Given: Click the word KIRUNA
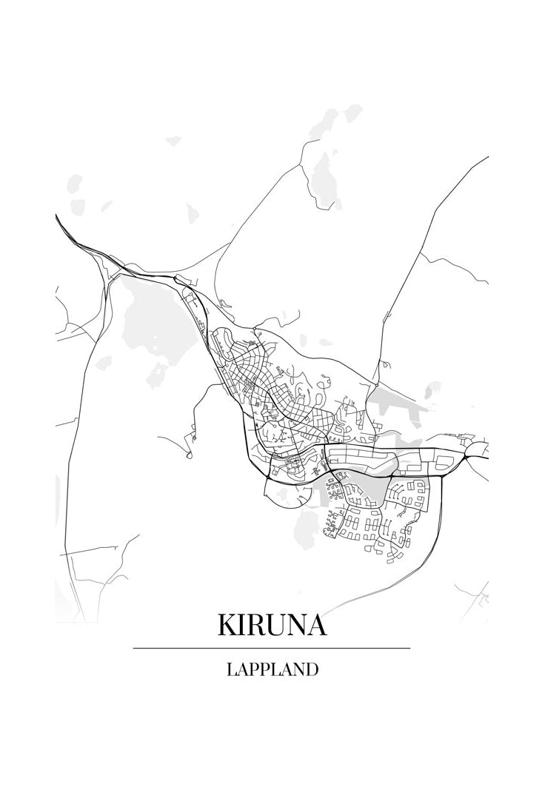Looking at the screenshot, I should [x=272, y=625].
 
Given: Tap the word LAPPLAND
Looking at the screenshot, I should [x=272, y=670].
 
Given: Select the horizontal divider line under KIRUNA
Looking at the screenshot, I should [x=272, y=648].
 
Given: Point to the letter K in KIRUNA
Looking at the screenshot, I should [x=227, y=625].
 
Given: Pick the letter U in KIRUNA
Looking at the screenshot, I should [x=278, y=625].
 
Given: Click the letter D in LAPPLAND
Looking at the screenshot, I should [x=312, y=670].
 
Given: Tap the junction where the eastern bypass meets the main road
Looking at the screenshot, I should [x=442, y=475].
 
